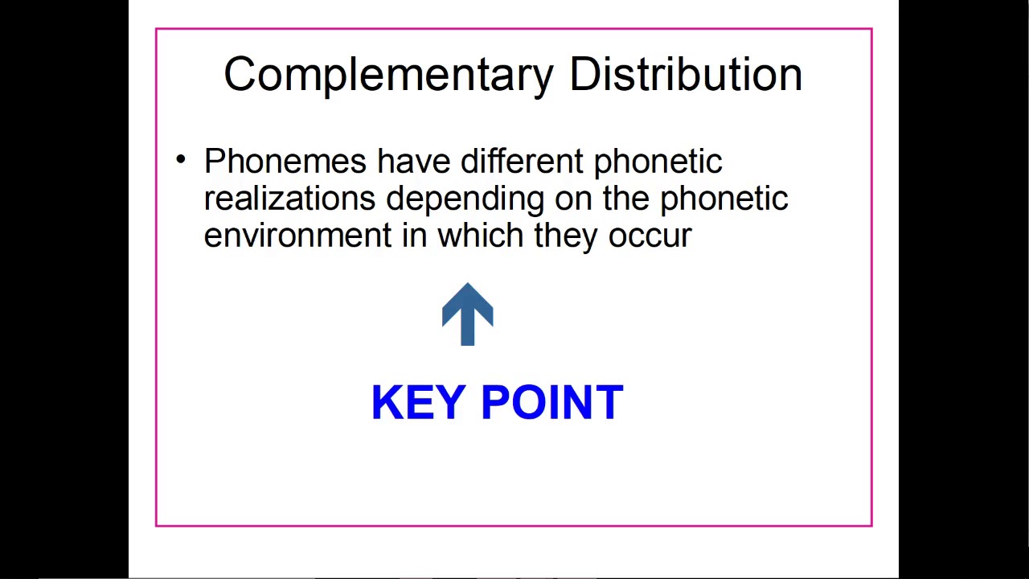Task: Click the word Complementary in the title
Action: (x=388, y=75)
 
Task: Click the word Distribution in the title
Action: (x=686, y=74)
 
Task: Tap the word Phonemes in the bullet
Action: (x=285, y=162)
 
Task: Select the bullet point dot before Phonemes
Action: (x=181, y=159)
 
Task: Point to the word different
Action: (x=521, y=161)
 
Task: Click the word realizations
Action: (x=289, y=199)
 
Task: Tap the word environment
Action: (x=297, y=236)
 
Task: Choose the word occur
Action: (x=650, y=236)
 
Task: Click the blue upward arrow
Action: (x=468, y=314)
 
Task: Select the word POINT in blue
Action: (x=551, y=402)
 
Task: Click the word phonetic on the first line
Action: (x=658, y=162)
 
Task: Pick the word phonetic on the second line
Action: (x=724, y=199)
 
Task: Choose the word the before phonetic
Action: (x=626, y=199)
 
